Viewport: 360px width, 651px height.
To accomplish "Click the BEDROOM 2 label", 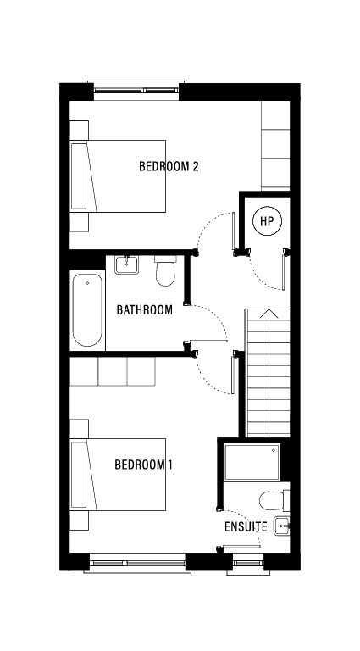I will [x=169, y=166].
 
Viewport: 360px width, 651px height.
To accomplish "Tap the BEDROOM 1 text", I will [x=144, y=465].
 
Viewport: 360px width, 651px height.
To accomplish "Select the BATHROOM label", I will [x=144, y=310].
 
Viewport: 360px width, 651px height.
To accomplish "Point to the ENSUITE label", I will [x=246, y=527].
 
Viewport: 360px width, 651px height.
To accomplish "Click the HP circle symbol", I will [x=267, y=222].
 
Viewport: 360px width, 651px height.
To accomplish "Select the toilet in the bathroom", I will [x=165, y=272].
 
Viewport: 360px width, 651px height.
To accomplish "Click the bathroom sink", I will [x=125, y=264].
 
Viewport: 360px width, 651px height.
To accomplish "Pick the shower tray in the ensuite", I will [x=252, y=462].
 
